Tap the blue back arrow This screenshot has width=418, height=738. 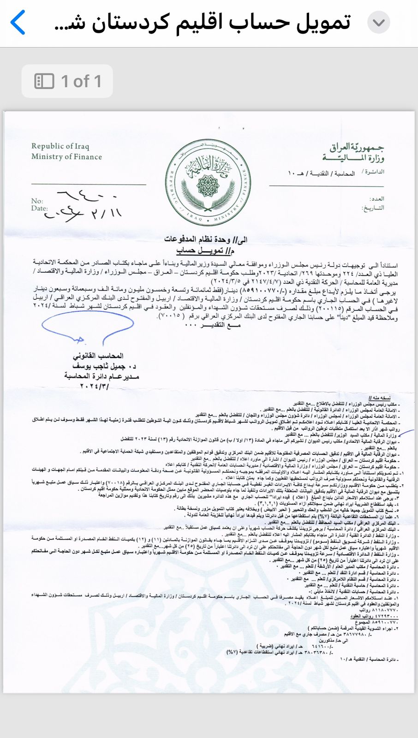pos(18,23)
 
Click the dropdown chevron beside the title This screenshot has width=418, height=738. pos(379,23)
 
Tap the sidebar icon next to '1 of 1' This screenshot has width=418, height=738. pos(44,81)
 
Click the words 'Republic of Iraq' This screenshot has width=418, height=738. pos(60,146)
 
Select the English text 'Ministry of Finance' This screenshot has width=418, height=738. pos(66,157)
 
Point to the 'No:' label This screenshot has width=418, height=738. pos(37,201)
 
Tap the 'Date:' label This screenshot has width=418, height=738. pos(39,208)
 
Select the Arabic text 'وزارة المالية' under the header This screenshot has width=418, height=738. pos(353,158)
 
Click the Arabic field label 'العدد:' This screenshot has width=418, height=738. pos(377,199)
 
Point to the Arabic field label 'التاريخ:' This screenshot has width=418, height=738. pos(373,208)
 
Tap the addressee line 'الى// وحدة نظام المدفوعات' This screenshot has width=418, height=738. pos(206,239)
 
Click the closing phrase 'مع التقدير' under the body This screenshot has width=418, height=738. pos(213,325)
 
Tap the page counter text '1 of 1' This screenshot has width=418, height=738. pos(81,81)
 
